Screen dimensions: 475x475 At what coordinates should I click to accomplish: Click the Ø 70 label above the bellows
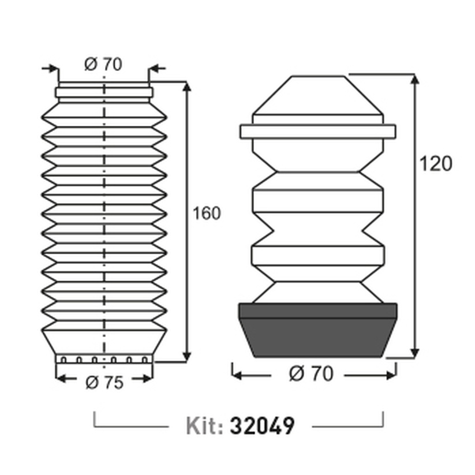pos(103,64)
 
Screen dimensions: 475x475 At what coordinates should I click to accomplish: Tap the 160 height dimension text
pos(207,214)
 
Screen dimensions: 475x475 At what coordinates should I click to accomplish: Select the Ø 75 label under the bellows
pos(104,383)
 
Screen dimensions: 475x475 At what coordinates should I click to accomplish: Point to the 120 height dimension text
pos(436,163)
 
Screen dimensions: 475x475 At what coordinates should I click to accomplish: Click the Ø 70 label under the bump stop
pos(311,373)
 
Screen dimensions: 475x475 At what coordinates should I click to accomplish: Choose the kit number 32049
pos(263,425)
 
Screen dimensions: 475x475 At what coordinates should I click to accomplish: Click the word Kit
pos(205,425)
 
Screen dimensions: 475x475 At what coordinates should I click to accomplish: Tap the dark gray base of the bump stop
pos(318,330)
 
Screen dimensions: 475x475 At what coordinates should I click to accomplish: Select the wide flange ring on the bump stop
pos(318,132)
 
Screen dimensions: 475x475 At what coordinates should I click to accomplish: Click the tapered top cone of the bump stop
pos(318,95)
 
